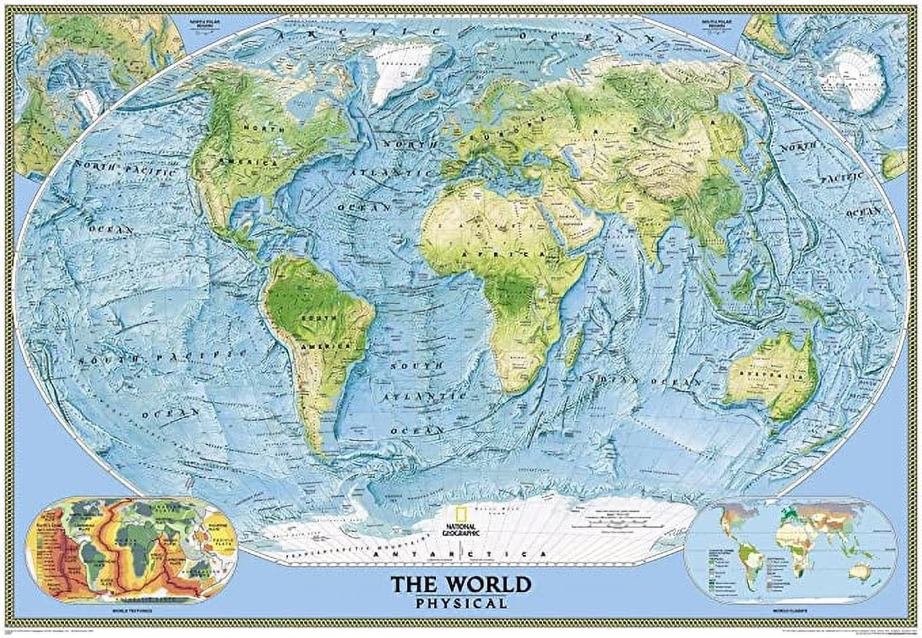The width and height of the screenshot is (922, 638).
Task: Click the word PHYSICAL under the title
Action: tap(462, 603)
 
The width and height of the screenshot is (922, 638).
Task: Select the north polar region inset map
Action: tap(95, 88)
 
